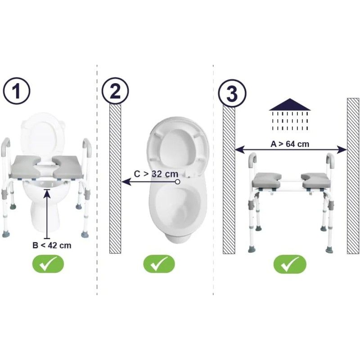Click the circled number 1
pyautogui.click(x=17, y=91)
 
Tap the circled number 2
pyautogui.click(x=115, y=91)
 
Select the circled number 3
pyautogui.click(x=232, y=94)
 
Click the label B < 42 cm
pyautogui.click(x=52, y=245)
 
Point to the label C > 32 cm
pyautogui.click(x=156, y=174)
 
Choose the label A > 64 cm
pyautogui.click(x=290, y=144)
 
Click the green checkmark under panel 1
pyautogui.click(x=48, y=264)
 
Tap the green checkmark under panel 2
pyautogui.click(x=159, y=264)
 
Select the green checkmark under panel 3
pyautogui.click(x=290, y=264)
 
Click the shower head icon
pyautogui.click(x=290, y=115)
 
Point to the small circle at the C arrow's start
pyautogui.click(x=177, y=182)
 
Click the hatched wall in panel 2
pyautogui.click(x=115, y=178)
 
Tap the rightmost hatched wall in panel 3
pyautogui.click(x=353, y=176)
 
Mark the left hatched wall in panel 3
pyautogui.click(x=229, y=180)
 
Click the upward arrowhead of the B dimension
pyautogui.click(x=47, y=193)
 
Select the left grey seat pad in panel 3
pyautogui.click(x=267, y=180)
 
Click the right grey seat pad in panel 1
pyautogui.click(x=68, y=166)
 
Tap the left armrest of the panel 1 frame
pyautogui.click(x=6, y=145)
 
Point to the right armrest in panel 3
pyautogui.click(x=330, y=160)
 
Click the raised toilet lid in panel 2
pyautogui.click(x=177, y=147)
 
